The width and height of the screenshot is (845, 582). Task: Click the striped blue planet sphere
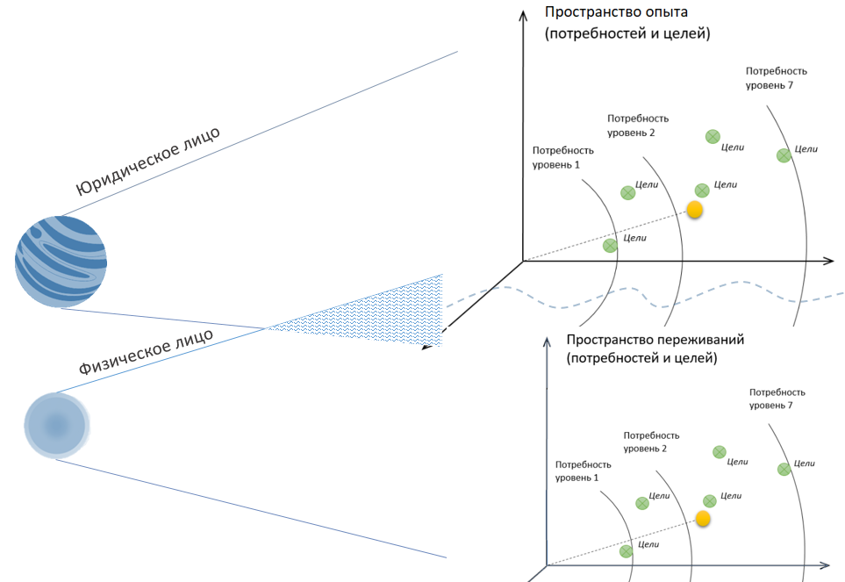[x=61, y=261]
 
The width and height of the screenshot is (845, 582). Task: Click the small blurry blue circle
[x=57, y=426]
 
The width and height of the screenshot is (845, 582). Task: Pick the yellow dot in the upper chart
[x=694, y=210]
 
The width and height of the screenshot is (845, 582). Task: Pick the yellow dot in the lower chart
[x=703, y=518]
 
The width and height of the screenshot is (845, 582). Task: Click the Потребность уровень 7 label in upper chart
[x=776, y=77]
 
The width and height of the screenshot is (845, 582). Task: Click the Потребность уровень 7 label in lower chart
[x=777, y=399]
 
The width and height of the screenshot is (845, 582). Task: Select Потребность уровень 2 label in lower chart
[x=650, y=442]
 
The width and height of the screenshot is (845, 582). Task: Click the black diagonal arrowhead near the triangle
[x=427, y=345]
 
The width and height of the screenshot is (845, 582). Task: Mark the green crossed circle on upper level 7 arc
[x=783, y=155]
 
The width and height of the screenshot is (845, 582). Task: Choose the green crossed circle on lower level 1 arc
[x=626, y=551]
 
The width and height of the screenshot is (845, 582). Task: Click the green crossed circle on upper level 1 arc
[x=610, y=245]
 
